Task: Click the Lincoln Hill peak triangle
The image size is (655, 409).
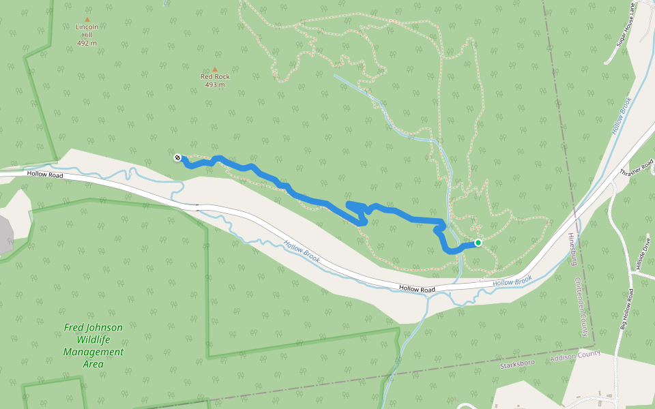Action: (x=87, y=20)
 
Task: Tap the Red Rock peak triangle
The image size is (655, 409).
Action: (x=215, y=70)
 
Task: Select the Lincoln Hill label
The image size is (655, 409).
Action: (x=87, y=31)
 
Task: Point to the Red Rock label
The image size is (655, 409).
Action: (x=215, y=77)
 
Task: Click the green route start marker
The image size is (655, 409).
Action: (x=478, y=243)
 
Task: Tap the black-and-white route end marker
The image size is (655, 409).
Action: (x=177, y=158)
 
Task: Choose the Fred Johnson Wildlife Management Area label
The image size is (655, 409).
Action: (x=93, y=346)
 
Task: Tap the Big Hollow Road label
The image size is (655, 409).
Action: (x=628, y=311)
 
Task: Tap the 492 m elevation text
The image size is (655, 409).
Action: (x=87, y=43)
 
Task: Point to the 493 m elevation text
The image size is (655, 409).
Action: (x=215, y=85)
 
